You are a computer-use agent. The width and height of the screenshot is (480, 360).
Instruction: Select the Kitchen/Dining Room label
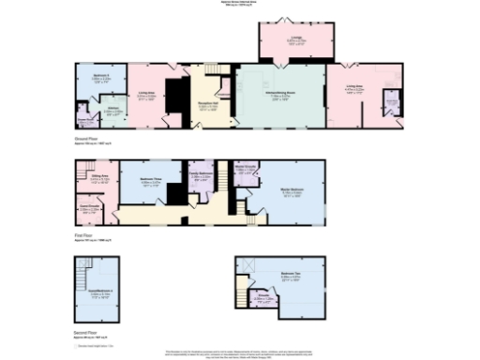278,95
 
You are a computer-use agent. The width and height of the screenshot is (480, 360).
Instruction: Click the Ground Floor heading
85,138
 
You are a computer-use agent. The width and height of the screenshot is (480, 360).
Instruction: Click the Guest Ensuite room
90,207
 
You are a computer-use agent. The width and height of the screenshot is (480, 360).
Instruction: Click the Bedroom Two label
290,277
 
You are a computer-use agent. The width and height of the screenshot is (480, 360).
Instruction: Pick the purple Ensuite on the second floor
265,301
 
